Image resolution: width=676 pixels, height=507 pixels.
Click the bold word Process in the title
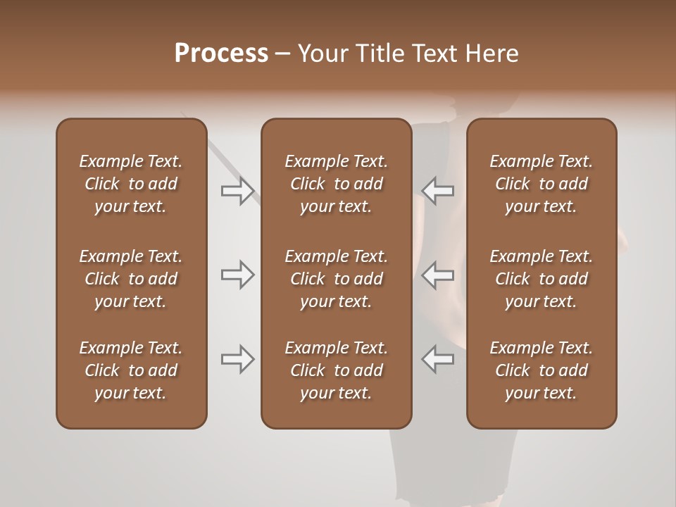(221, 54)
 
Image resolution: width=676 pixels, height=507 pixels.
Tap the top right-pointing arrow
(238, 191)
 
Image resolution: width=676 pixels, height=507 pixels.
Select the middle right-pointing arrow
(238, 275)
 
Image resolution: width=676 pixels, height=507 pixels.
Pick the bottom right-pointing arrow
(238, 359)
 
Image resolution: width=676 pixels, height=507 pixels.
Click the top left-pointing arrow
(437, 191)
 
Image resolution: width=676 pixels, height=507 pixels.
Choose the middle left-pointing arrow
(437, 275)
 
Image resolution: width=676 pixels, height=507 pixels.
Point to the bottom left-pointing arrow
(437, 359)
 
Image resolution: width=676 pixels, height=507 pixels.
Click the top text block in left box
(131, 184)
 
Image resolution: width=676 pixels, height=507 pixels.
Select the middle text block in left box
(131, 279)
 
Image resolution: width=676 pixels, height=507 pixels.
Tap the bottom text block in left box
(131, 370)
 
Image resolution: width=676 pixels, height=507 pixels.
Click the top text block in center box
(336, 184)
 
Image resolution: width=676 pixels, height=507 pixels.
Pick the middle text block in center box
(336, 279)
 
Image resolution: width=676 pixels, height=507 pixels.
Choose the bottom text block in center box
(336, 370)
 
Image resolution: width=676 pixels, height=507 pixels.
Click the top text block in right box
(541, 184)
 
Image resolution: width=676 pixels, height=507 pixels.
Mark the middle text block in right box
(541, 279)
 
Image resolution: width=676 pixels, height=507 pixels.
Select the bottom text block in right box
(541, 370)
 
